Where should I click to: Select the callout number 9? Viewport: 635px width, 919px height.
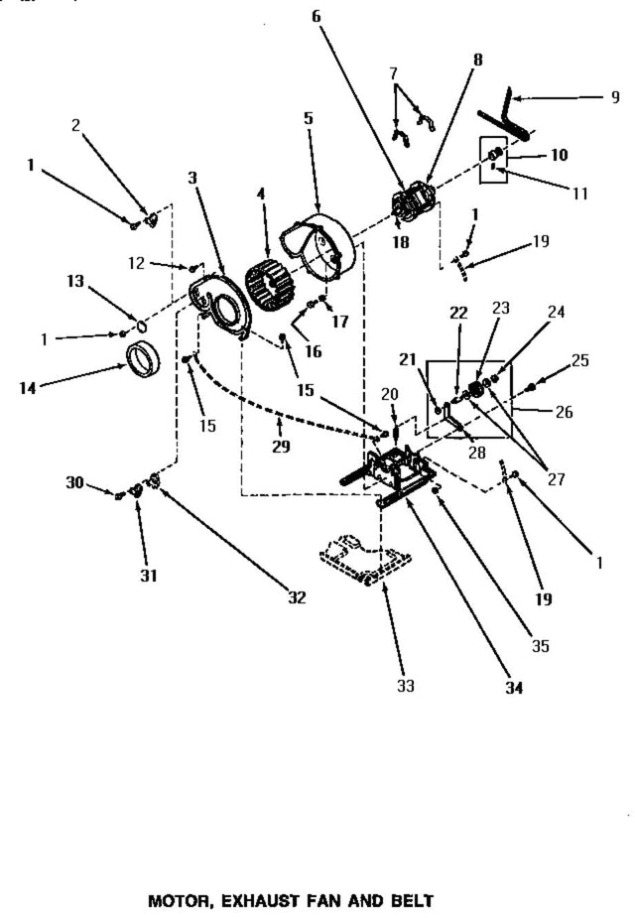tap(615, 96)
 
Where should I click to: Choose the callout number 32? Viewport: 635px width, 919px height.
tap(296, 597)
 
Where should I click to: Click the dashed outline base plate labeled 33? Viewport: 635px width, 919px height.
tap(364, 559)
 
